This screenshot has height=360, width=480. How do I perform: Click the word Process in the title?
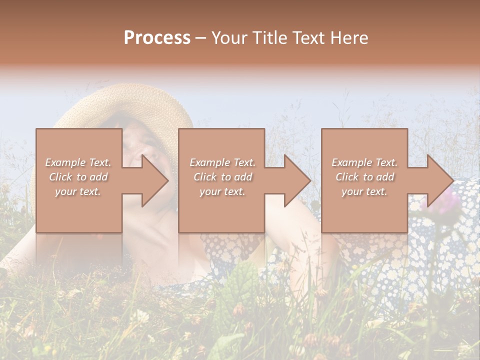(x=157, y=37)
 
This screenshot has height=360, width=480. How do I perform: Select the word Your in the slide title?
(x=228, y=37)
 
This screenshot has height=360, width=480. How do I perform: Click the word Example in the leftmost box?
(x=65, y=162)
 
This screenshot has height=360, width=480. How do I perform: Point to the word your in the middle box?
(x=210, y=191)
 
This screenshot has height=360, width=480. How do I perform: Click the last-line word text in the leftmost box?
(x=90, y=191)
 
